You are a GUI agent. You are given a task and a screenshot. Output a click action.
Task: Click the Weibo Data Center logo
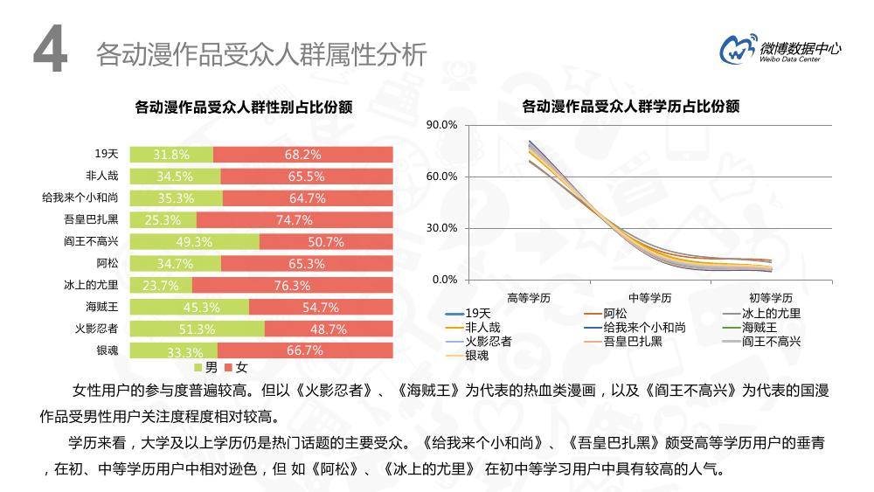(x=780, y=50)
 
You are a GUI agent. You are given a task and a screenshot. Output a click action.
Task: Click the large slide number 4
(x=50, y=52)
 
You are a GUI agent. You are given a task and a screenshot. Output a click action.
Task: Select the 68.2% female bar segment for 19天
(x=302, y=155)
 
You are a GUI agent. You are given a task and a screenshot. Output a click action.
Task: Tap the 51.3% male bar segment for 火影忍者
(x=197, y=329)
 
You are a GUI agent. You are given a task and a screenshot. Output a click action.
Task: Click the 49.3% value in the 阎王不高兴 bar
(x=194, y=242)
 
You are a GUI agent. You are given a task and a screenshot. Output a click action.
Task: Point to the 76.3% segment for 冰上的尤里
(x=292, y=286)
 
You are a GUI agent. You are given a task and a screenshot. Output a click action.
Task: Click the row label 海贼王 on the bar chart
(x=101, y=307)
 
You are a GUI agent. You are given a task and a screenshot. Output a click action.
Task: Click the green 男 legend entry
(x=205, y=367)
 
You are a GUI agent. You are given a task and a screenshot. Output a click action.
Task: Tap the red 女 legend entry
(x=235, y=367)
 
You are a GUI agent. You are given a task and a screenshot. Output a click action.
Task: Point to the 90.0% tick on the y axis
(x=441, y=126)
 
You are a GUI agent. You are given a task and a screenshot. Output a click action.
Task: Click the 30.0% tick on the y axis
(x=441, y=228)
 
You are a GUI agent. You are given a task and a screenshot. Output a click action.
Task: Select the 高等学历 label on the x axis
(x=528, y=297)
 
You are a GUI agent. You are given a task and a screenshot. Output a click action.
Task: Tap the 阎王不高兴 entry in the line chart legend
(x=770, y=341)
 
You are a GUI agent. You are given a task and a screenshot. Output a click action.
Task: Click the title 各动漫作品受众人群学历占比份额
(x=630, y=107)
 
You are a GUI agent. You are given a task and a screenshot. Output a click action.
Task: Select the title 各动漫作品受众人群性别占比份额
(x=243, y=107)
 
